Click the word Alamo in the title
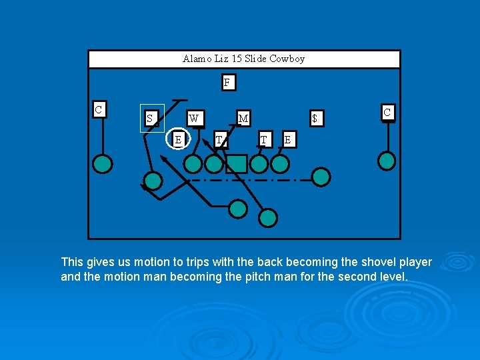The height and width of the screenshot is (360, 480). (x=195, y=59)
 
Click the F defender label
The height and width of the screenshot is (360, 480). (x=227, y=83)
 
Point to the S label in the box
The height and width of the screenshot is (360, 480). (x=150, y=119)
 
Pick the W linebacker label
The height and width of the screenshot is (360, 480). (x=193, y=119)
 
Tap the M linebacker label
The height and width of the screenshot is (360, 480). (x=243, y=119)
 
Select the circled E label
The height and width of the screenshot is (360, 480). (x=177, y=139)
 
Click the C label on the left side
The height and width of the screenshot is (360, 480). (x=99, y=109)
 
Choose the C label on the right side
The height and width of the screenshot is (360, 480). (x=387, y=112)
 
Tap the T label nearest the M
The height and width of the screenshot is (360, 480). (x=264, y=139)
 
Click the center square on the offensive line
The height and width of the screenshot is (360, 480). (x=237, y=163)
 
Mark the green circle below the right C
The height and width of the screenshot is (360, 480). (x=387, y=161)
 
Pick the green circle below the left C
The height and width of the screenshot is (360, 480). (x=102, y=163)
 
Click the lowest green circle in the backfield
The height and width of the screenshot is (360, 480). (x=268, y=217)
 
